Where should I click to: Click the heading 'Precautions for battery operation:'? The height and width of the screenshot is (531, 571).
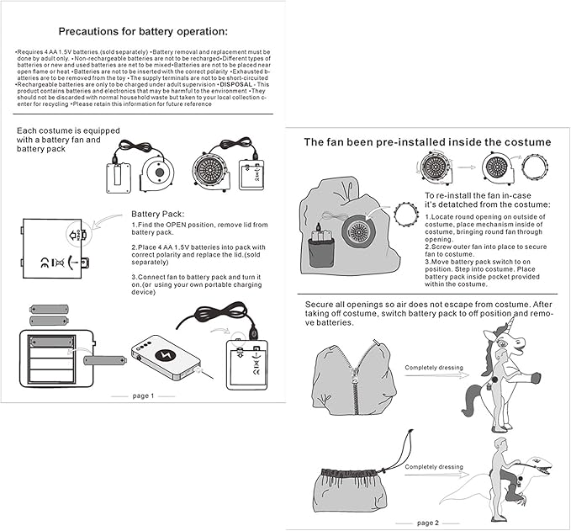143,32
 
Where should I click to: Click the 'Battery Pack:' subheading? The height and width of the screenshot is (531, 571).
163,215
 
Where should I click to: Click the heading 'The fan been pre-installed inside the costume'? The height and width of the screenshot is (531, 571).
427,142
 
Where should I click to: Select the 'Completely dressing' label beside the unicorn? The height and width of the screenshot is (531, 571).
433,367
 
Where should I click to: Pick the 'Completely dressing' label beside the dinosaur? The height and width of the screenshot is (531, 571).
433,467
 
